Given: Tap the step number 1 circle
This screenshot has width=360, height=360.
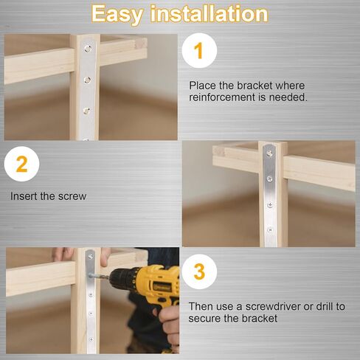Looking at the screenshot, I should pyautogui.click(x=197, y=51).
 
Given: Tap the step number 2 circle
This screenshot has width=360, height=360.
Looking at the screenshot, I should pyautogui.click(x=22, y=164).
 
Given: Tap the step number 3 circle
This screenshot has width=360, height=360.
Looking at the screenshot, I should pyautogui.click(x=199, y=271).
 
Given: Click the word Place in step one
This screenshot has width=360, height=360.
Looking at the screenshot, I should pyautogui.click(x=203, y=86).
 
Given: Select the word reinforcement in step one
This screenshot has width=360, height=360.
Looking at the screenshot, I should pyautogui.click(x=224, y=97).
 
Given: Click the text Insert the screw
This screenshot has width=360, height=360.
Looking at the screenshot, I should pyautogui.click(x=49, y=196).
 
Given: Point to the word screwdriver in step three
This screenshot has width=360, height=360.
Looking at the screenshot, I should pyautogui.click(x=268, y=305).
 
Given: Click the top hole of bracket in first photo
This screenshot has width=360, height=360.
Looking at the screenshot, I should pyautogui.click(x=88, y=50).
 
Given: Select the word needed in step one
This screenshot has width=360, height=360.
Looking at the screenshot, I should pyautogui.click(x=290, y=97).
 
